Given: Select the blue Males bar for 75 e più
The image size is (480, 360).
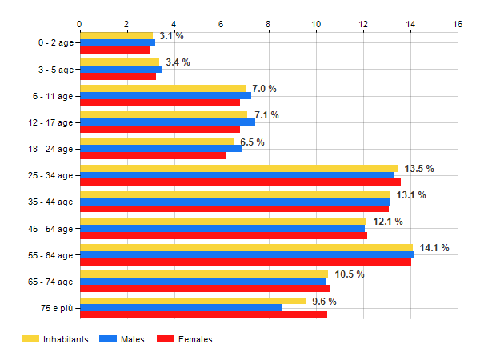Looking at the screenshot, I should [x=181, y=308].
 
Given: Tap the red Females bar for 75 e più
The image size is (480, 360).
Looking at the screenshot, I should [x=203, y=315].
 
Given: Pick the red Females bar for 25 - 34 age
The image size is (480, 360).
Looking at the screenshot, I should [x=240, y=182].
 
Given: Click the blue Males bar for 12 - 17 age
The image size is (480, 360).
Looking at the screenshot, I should [x=167, y=122].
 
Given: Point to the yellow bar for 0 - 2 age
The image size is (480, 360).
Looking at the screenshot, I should [x=116, y=36].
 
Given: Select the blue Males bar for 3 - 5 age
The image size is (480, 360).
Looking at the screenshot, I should [x=120, y=70].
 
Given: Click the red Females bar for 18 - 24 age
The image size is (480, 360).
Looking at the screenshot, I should [x=153, y=156].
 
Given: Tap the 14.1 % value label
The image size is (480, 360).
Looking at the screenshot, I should [x=434, y=248].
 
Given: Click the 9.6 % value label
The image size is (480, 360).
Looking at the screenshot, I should [x=324, y=302].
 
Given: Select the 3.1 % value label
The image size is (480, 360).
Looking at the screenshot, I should [x=171, y=36].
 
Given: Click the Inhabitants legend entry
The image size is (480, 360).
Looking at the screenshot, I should [x=55, y=339].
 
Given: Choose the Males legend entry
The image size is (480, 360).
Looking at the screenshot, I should [x=123, y=339].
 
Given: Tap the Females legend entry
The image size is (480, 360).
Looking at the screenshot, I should [x=186, y=339].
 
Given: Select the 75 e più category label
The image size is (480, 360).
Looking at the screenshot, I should [x=55, y=308].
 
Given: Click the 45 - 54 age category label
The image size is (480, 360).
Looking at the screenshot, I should [x=50, y=229].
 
